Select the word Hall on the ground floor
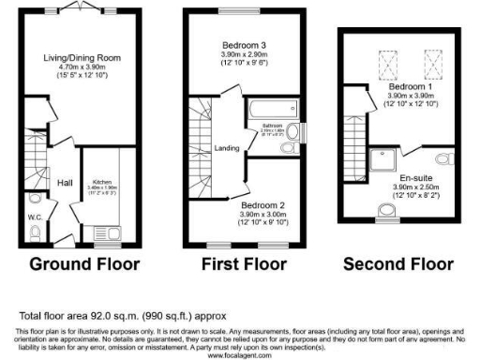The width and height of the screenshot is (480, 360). [x=65, y=183]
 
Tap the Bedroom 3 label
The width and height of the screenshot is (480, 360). [x=244, y=45]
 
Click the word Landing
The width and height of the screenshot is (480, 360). [x=226, y=147]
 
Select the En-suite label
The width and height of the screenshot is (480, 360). [x=416, y=177]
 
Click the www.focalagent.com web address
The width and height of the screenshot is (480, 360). [x=238, y=355]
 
